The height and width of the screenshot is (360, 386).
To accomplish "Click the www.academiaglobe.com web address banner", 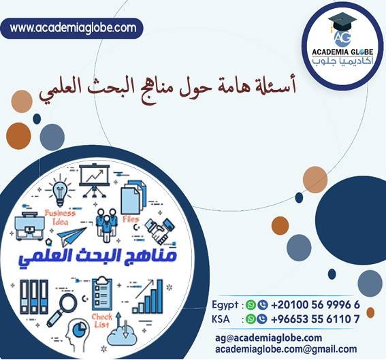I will (74, 28).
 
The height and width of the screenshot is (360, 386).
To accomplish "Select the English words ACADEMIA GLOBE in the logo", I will (343, 55).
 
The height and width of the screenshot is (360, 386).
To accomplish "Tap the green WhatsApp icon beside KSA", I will (253, 318).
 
